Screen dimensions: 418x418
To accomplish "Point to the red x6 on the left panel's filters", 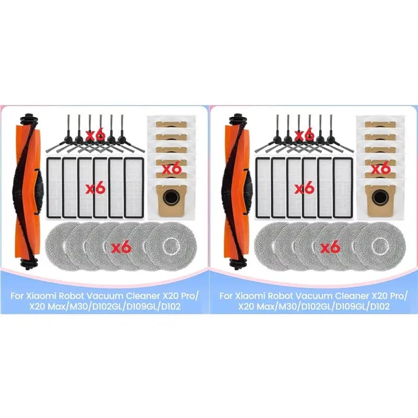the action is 96,189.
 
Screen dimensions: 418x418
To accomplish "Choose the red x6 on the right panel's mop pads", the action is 330,248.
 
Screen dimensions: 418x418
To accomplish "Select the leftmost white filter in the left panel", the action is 54,187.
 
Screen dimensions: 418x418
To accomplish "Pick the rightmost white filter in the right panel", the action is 343,187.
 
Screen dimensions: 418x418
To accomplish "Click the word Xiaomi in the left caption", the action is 41,296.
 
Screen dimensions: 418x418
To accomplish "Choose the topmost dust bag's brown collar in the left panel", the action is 171,124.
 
